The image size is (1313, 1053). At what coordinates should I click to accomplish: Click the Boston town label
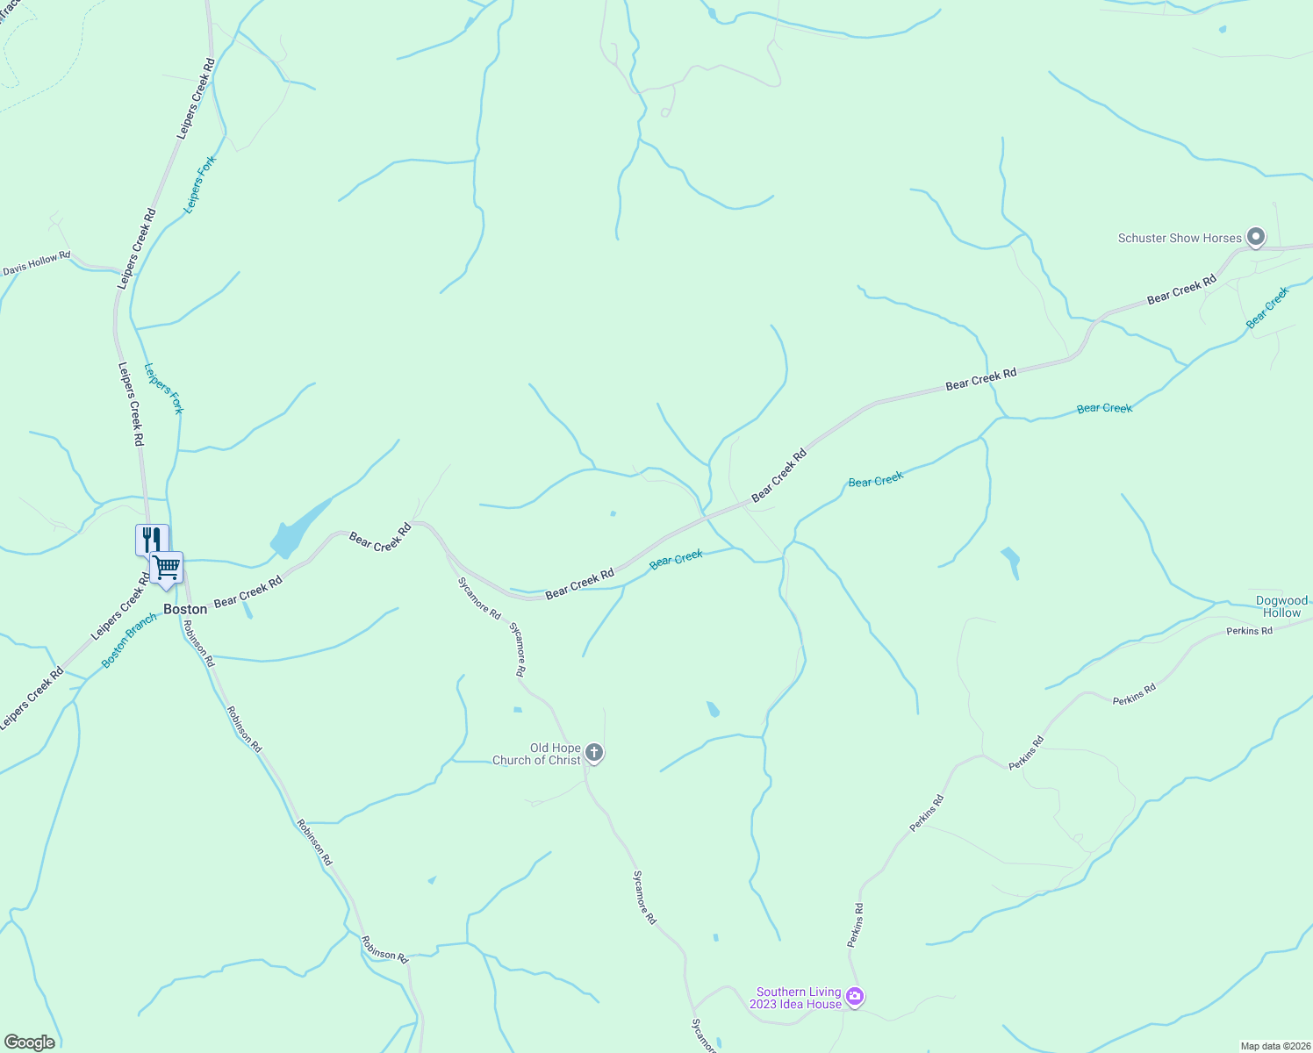(x=185, y=609)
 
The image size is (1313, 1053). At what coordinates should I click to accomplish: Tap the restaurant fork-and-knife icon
(x=151, y=539)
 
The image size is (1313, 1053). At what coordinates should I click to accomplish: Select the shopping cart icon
(x=167, y=567)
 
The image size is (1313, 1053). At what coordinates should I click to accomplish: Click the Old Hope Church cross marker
(x=594, y=752)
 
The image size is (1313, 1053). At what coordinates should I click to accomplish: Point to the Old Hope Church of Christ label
(x=536, y=755)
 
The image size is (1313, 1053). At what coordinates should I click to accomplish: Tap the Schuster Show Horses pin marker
(x=1256, y=237)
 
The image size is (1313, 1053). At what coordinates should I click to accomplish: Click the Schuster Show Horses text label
(x=1180, y=238)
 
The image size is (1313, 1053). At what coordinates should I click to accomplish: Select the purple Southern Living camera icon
(x=856, y=997)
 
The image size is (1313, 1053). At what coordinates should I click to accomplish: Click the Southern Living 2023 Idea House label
(x=799, y=999)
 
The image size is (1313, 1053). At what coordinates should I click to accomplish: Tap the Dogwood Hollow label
(x=1281, y=607)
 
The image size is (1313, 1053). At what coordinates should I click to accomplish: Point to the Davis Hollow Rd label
(x=36, y=264)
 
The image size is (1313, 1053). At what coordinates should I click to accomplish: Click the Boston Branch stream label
(x=129, y=641)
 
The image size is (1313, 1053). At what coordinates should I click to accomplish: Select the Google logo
(x=29, y=1042)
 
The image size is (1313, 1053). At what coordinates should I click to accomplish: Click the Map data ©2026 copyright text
(x=1274, y=1046)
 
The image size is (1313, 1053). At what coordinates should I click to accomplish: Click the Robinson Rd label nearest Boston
(x=198, y=643)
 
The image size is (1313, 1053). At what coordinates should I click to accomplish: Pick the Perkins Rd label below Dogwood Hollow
(x=1249, y=631)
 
